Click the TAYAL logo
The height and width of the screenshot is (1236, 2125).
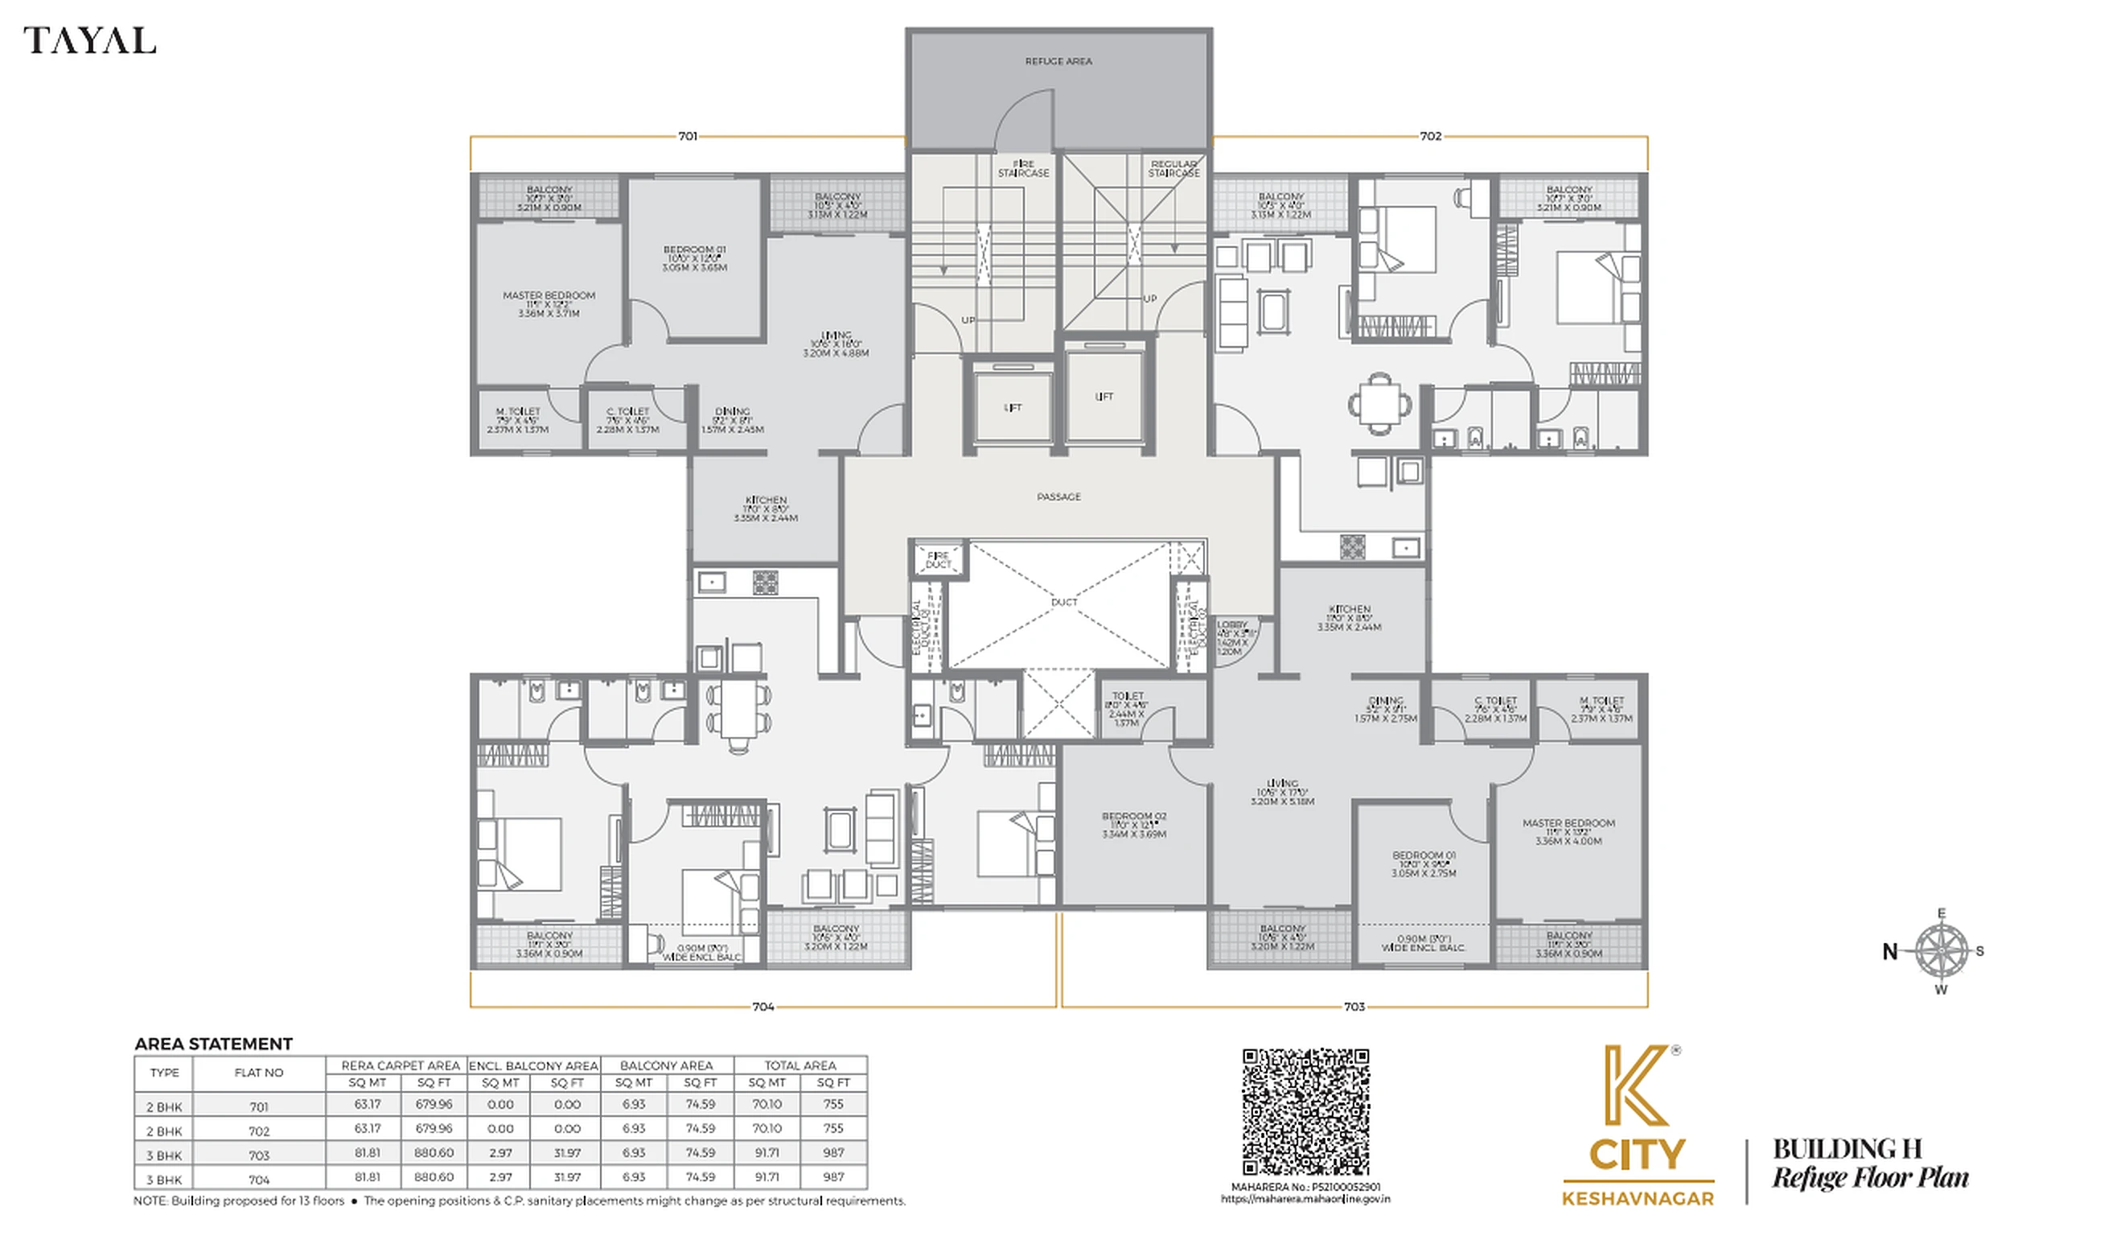click(89, 40)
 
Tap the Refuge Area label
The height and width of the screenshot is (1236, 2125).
click(1058, 60)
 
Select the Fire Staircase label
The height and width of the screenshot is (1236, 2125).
click(1023, 169)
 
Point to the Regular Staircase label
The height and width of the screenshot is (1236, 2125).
click(1173, 169)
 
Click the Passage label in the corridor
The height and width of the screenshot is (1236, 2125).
click(1058, 497)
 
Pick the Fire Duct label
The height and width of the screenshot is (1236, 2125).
click(938, 560)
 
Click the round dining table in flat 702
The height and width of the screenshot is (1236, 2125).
click(1379, 403)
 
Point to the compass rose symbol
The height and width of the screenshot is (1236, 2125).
click(1941, 951)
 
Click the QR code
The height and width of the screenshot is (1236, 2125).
click(1305, 1111)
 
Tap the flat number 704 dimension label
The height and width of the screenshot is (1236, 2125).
click(762, 1007)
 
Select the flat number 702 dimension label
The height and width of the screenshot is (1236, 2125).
click(1430, 136)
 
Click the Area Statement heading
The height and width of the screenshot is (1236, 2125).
click(213, 1044)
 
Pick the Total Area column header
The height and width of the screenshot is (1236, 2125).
click(799, 1065)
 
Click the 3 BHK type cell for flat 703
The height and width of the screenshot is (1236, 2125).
click(164, 1155)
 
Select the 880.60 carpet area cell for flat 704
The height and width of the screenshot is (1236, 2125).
click(434, 1176)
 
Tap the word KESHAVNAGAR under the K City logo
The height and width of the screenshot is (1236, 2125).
click(1638, 1198)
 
